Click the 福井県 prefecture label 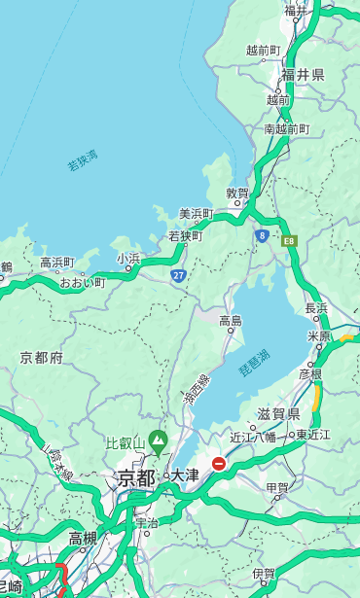[x=303, y=75]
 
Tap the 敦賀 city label [x=237, y=193]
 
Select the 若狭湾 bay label [x=83, y=160]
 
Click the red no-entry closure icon [x=219, y=465]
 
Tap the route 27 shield [x=178, y=276]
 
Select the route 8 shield [x=262, y=235]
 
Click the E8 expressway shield [x=288, y=239]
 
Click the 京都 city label [x=136, y=477]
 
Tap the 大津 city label [x=184, y=475]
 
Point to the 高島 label [x=231, y=321]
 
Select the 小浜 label [x=128, y=259]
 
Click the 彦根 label [x=310, y=373]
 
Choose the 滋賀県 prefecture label [x=278, y=413]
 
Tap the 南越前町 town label [x=286, y=128]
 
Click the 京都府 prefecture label [x=42, y=358]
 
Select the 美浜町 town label [x=196, y=214]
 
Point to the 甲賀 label [x=278, y=487]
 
